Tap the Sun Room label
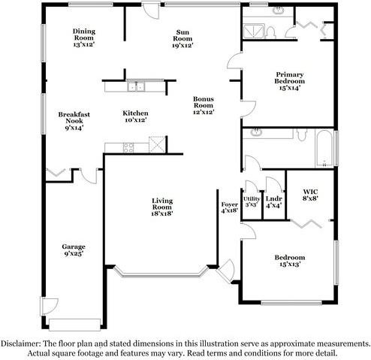coord(182,32)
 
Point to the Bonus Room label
coord(203,100)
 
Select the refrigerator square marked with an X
coord(157,144)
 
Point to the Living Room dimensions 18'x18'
coord(162,213)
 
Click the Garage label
coord(74,247)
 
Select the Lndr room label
coord(273,199)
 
